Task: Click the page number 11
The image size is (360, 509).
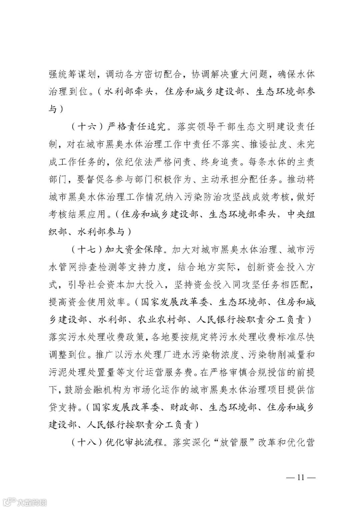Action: [301, 477]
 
